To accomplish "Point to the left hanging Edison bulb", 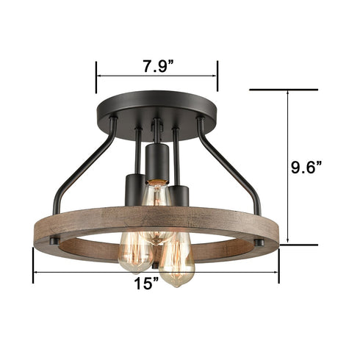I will pyautogui.click(x=136, y=251).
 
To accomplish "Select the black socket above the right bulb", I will pyautogui.click(x=179, y=198).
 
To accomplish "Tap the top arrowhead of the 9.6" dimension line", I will pyautogui.click(x=287, y=93).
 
